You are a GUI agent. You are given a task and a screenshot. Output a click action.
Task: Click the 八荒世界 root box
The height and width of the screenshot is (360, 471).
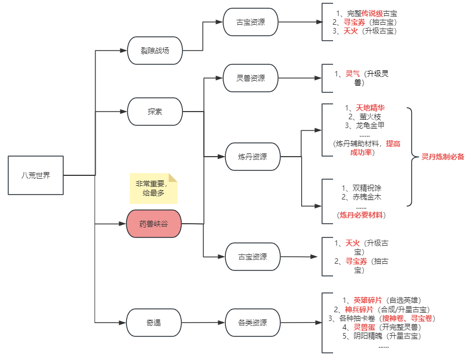36,175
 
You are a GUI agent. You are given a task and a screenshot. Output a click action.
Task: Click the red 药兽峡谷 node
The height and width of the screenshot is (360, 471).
154,224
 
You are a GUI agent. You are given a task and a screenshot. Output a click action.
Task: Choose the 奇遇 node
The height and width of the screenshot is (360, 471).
154,323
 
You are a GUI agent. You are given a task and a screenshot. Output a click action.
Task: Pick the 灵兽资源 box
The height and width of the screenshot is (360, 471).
250,78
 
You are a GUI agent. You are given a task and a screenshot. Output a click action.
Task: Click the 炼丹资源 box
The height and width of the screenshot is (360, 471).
253,156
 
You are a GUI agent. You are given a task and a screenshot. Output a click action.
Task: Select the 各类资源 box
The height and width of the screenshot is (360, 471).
253,323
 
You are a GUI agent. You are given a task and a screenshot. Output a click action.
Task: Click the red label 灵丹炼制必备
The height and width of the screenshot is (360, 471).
443,157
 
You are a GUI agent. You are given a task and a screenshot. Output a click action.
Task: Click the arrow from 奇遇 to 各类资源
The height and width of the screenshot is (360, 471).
203,323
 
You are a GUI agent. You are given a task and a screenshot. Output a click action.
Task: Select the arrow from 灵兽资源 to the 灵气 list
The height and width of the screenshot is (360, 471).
300,78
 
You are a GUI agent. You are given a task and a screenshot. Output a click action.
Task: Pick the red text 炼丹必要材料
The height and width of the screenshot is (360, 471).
362,215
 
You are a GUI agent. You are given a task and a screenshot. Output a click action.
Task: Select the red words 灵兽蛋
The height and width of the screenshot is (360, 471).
364,327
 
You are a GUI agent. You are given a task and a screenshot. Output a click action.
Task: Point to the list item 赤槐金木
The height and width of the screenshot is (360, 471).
366,197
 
